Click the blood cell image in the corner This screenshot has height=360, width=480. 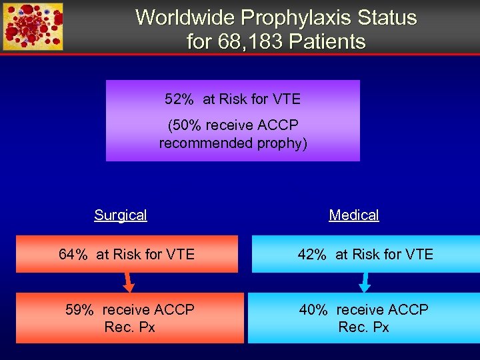33,27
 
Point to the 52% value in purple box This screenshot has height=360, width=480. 179,99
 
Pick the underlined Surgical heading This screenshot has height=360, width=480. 121,215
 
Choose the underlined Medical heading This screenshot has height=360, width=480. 353,215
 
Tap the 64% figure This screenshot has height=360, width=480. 73,254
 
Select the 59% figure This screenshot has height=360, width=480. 81,310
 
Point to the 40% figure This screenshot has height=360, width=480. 313,310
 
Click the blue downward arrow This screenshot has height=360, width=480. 365,283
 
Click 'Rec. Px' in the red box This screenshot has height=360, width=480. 130,327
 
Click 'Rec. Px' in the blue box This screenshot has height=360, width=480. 363,327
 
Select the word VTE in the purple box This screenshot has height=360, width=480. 285,99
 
